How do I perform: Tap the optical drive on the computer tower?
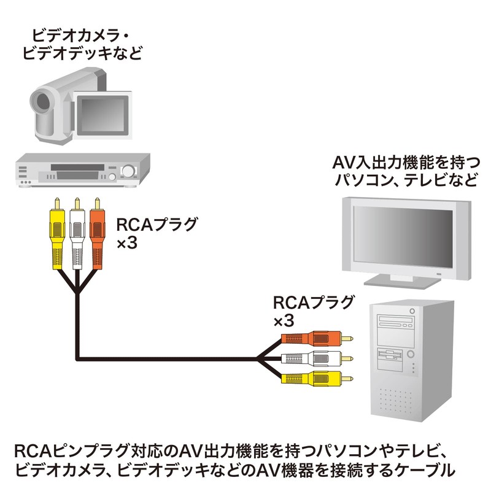click(x=395, y=324)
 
